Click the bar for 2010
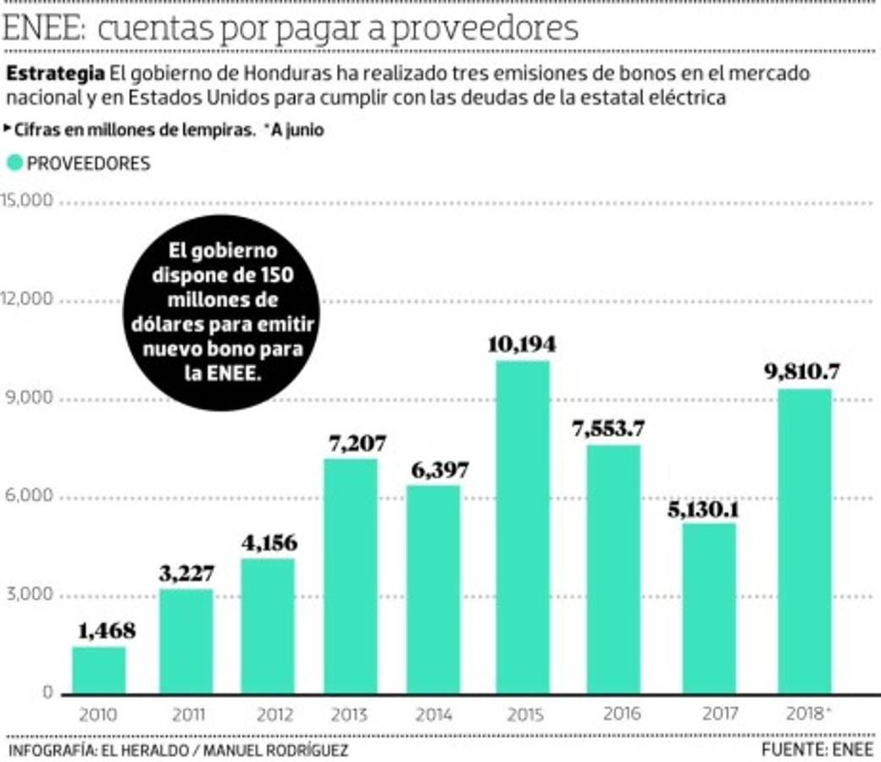click(x=98, y=670)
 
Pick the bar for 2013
click(x=351, y=576)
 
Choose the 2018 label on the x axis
click(x=804, y=714)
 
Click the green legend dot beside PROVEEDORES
click(x=14, y=163)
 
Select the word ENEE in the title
click(x=42, y=30)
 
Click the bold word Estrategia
click(x=56, y=73)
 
